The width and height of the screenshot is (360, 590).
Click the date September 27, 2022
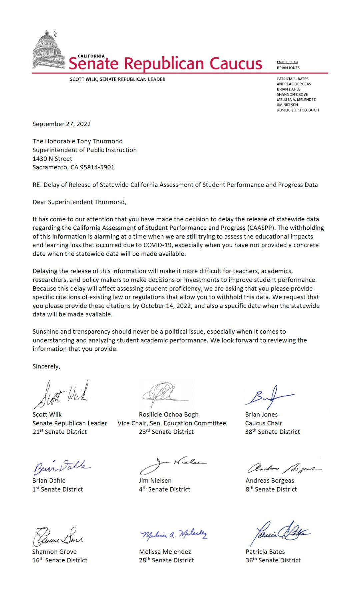[x=61, y=124]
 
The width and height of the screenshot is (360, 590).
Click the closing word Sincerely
[x=46, y=367]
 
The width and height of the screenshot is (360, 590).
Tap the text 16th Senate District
[x=60, y=560]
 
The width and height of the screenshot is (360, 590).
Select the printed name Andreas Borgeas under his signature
[x=270, y=481]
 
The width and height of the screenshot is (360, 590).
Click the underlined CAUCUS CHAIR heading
[x=287, y=62]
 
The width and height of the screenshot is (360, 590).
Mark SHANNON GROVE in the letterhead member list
[x=292, y=95]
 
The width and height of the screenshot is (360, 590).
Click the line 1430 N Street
[x=52, y=159]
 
